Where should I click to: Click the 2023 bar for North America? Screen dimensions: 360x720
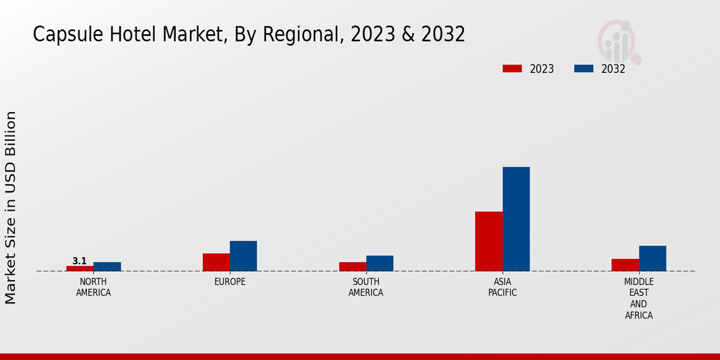(80, 268)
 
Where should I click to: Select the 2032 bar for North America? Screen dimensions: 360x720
(107, 266)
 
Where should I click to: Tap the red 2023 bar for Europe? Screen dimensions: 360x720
(216, 262)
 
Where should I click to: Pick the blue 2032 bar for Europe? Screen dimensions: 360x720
(243, 256)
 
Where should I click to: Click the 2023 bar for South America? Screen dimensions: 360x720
(352, 266)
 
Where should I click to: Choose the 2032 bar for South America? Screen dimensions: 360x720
(380, 263)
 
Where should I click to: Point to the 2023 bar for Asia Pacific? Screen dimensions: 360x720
(488, 241)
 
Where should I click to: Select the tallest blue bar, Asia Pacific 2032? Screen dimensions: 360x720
(516, 219)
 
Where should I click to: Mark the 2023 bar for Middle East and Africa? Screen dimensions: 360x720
(625, 265)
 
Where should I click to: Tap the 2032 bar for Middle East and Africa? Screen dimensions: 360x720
(652, 259)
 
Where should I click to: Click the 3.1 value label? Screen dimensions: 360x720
(79, 261)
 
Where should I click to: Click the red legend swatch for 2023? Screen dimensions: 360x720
(512, 68)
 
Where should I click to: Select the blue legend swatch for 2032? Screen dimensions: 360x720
(584, 68)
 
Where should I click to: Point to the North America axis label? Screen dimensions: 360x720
(93, 287)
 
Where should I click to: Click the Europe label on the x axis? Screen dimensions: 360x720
(230, 282)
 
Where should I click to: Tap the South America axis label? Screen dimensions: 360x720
(366, 287)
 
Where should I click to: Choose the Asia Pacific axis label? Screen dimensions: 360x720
(503, 287)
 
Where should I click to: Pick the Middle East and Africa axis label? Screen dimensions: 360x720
(639, 298)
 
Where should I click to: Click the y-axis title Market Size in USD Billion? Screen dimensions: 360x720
(11, 207)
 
